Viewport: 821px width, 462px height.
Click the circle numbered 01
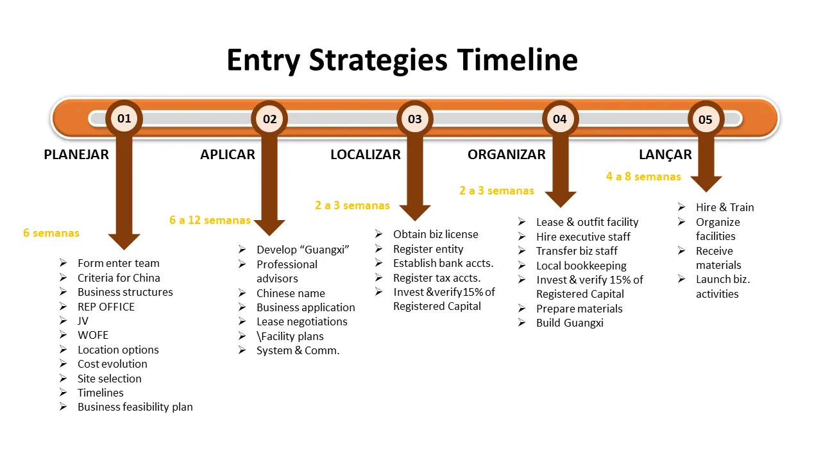pyautogui.click(x=124, y=118)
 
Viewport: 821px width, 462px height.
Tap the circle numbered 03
pyautogui.click(x=415, y=119)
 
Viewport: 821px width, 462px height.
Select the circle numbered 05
pyautogui.click(x=706, y=119)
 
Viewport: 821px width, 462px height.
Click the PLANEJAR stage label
pyautogui.click(x=76, y=155)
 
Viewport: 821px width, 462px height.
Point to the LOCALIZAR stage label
pyautogui.click(x=365, y=155)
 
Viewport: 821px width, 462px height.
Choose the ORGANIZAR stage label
pyautogui.click(x=507, y=155)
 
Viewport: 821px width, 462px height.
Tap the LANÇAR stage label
pyautogui.click(x=665, y=155)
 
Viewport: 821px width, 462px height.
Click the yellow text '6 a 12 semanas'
pyautogui.click(x=210, y=220)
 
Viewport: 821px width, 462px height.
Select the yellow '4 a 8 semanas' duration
pyautogui.click(x=643, y=176)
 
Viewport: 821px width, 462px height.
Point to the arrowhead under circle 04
pyautogui.click(x=560, y=198)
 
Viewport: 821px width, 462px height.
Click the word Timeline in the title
pyautogui.click(x=517, y=60)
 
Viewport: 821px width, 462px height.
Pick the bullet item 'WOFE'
pyautogui.click(x=93, y=335)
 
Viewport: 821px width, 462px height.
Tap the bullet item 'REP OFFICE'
pyautogui.click(x=106, y=307)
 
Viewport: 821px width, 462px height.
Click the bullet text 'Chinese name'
pyautogui.click(x=291, y=293)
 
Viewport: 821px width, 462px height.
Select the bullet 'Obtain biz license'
pyautogui.click(x=436, y=234)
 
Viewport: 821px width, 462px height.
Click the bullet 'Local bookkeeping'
pyautogui.click(x=581, y=266)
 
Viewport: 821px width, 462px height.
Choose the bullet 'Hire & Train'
pyautogui.click(x=725, y=207)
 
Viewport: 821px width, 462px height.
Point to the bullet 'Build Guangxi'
pyautogui.click(x=570, y=323)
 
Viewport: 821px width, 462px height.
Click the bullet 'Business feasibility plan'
pyautogui.click(x=135, y=407)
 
